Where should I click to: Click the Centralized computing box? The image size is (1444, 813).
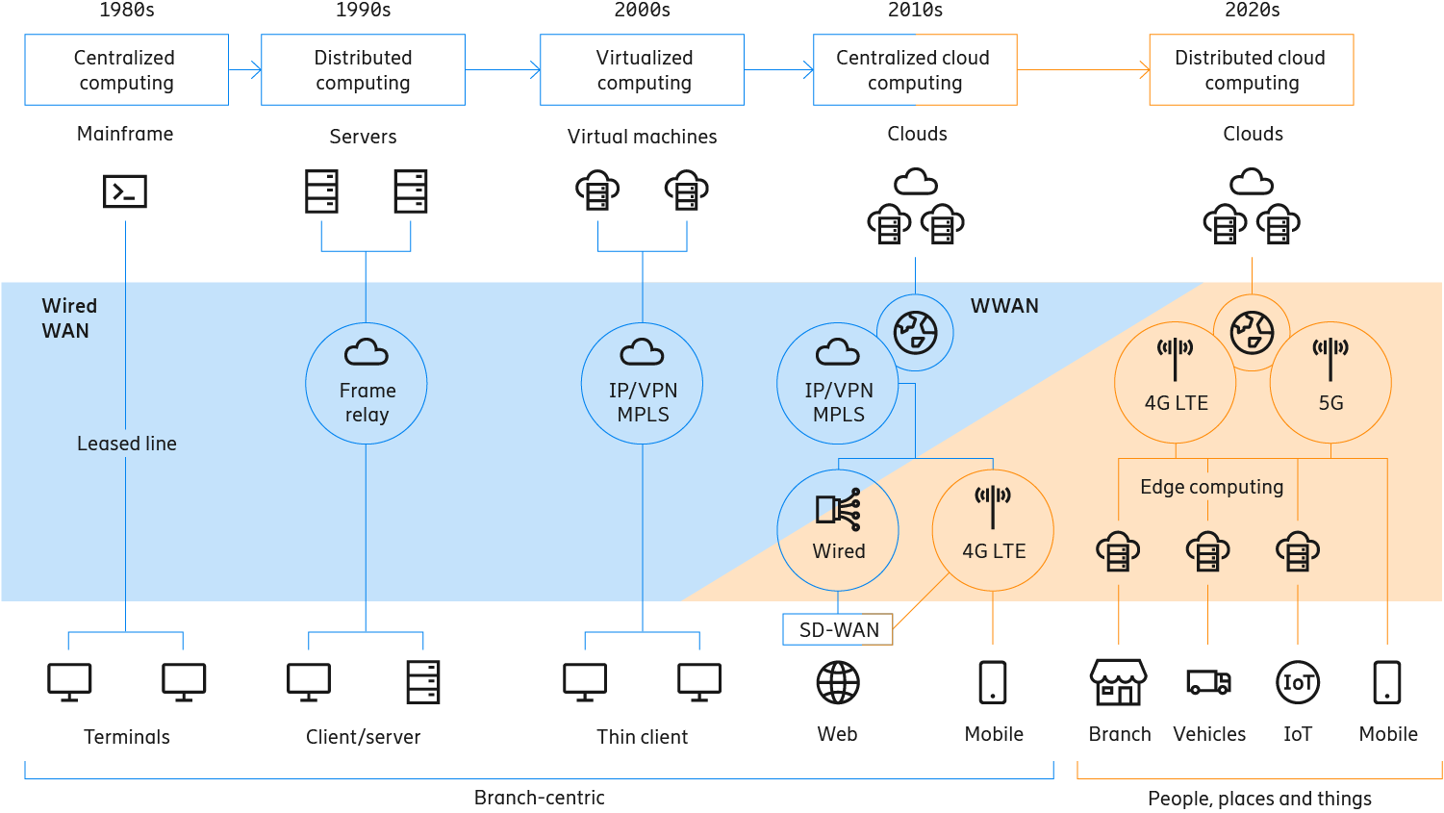coord(126,70)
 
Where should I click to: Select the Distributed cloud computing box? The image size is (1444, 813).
coord(1251,70)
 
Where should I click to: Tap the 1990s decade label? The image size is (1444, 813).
coord(363,11)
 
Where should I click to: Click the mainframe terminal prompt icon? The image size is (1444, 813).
coord(125,191)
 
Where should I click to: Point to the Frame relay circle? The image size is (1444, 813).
coord(366,384)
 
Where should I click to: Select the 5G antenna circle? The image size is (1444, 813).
coord(1330,382)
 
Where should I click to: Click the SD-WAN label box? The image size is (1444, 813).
coord(838,629)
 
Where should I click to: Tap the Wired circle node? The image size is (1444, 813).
coord(838,530)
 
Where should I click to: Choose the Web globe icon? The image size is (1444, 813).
coord(838,683)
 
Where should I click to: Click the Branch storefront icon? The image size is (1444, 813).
coord(1118,682)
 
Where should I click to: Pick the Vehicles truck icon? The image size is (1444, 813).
coord(1208,682)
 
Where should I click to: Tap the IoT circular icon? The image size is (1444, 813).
coord(1297,683)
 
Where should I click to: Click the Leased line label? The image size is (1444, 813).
coord(126,444)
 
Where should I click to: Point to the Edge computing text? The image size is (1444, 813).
coord(1211,487)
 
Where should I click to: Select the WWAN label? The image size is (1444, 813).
coord(1004,306)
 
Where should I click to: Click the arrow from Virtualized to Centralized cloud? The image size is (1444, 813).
coord(778,69)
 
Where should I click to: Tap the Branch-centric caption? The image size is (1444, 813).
coord(539,798)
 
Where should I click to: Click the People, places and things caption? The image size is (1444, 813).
coord(1259,799)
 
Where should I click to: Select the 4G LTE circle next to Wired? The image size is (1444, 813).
coord(993,530)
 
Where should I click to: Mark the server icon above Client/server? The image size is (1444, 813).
coord(422,682)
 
